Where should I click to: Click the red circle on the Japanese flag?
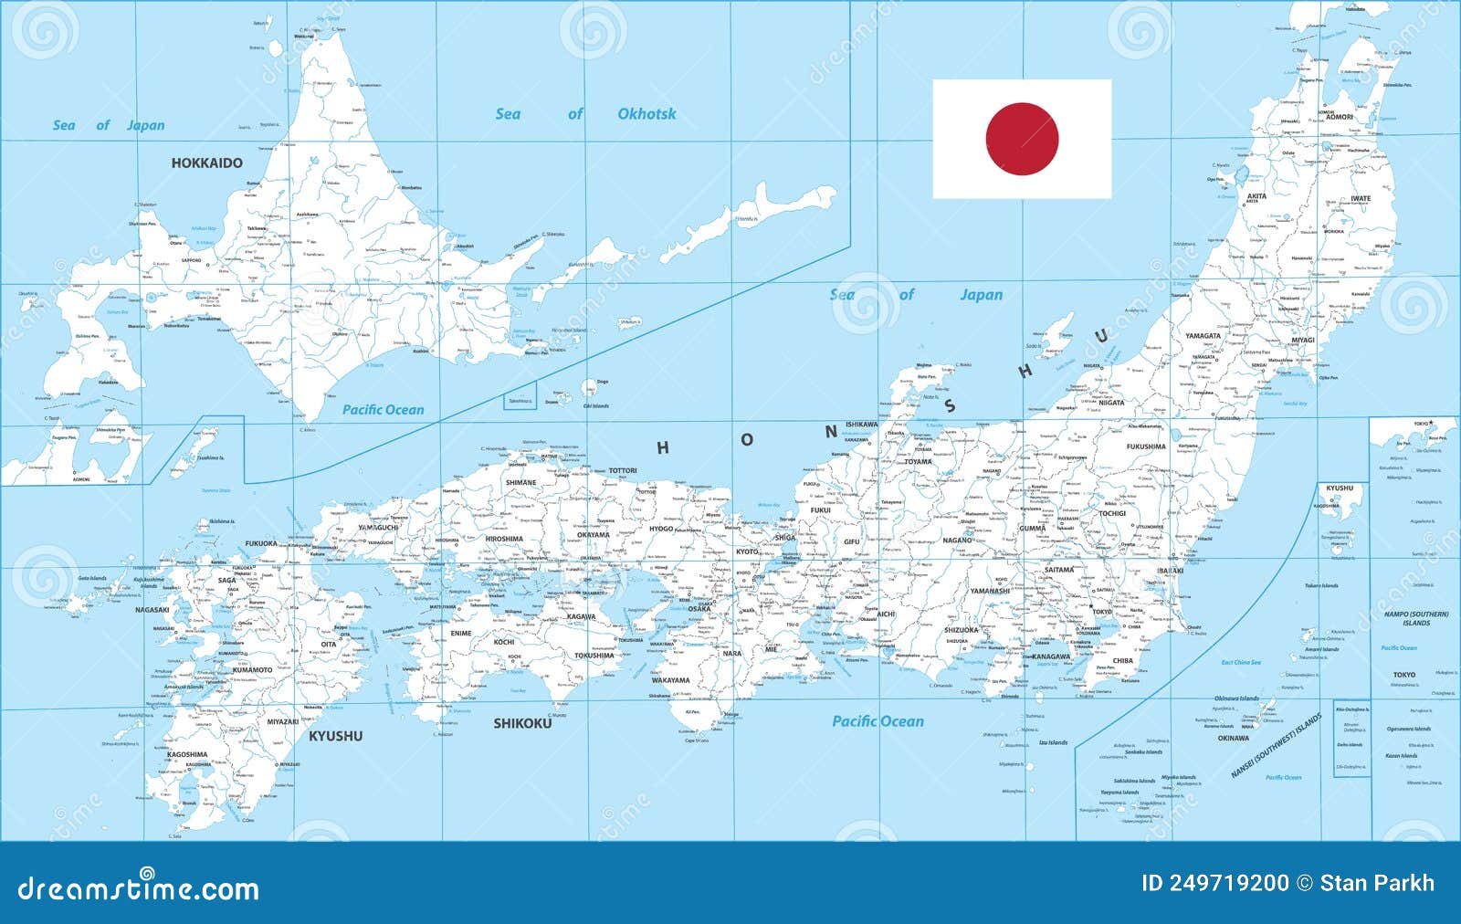[1022, 139]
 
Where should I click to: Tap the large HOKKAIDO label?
[207, 163]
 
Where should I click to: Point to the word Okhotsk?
[646, 114]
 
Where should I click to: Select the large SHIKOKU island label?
[522, 723]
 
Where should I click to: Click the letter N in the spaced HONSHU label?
[832, 431]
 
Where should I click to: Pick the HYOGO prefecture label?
[661, 529]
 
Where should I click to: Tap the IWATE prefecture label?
[1361, 198]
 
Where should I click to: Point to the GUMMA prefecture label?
[1033, 529]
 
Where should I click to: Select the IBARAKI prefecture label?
[1170, 571]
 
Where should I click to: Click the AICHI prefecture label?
[886, 614]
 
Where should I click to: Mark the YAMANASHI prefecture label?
[990, 591]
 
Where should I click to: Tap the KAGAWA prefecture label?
[581, 616]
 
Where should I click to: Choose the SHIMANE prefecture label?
[521, 482]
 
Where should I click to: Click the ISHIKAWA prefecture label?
[861, 425]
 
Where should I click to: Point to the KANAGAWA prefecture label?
[1051, 656]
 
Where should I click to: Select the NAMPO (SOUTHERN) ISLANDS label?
[1416, 618]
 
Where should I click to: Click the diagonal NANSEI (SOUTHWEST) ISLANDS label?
[1276, 746]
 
